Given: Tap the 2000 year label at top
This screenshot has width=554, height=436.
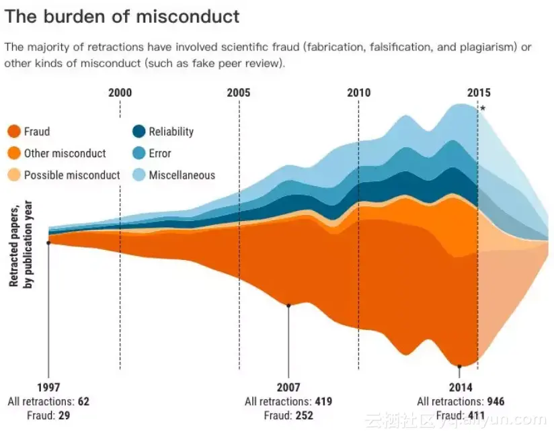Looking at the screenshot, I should (x=120, y=93).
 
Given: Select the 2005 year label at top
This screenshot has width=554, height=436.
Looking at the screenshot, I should (x=239, y=93).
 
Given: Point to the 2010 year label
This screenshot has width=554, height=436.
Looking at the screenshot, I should (x=358, y=93).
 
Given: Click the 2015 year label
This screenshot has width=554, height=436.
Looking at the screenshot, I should (x=479, y=93).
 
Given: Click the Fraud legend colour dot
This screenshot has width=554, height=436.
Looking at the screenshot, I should (x=13, y=132).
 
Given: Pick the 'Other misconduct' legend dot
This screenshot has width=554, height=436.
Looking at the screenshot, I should (x=13, y=153).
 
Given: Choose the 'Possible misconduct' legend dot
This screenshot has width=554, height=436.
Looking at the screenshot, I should (x=13, y=175).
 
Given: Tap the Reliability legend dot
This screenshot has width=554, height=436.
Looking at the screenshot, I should (x=138, y=132).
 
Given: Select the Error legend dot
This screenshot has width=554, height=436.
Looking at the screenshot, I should (x=138, y=153).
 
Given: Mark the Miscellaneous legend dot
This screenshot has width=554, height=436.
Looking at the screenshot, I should (x=138, y=175).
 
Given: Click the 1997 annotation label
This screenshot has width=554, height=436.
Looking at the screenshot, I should (x=48, y=388).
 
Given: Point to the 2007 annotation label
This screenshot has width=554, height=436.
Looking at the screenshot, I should (x=288, y=388).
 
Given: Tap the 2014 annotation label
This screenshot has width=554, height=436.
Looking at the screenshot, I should (x=461, y=388).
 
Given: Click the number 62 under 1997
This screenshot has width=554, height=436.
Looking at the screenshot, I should (x=83, y=402).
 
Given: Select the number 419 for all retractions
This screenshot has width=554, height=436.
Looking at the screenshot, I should (x=323, y=402).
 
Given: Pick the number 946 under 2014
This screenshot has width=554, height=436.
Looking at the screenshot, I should (x=496, y=402).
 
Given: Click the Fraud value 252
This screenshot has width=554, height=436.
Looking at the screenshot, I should (x=304, y=416).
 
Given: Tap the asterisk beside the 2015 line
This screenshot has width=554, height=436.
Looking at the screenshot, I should (x=483, y=109).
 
